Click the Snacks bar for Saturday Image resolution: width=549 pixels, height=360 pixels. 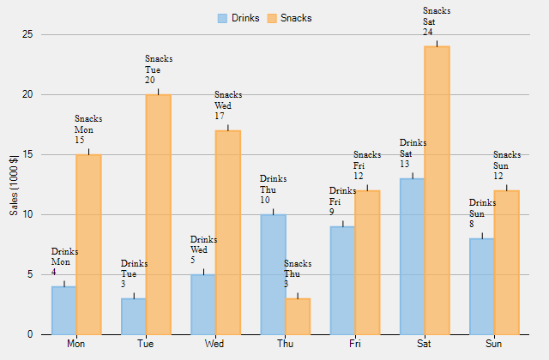click(437, 190)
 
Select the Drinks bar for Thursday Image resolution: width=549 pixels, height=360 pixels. click(273, 274)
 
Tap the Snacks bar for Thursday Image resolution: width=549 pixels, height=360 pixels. click(298, 316)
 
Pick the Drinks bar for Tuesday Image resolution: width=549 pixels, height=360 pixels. click(133, 316)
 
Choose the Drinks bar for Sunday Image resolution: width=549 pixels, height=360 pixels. click(481, 286)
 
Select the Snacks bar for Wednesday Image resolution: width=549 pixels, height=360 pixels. click(227, 232)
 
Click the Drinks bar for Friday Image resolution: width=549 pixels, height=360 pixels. click(342, 280)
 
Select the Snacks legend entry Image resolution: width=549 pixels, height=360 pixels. click(289, 18)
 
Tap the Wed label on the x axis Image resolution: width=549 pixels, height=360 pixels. click(215, 344)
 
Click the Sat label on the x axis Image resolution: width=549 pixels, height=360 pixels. click(424, 344)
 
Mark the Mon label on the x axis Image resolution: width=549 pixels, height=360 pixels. click(76, 344)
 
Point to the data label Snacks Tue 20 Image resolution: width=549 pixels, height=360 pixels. click(159, 69)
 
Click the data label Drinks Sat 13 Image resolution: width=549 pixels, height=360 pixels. click(413, 153)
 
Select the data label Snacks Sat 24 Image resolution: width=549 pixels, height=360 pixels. click(437, 21)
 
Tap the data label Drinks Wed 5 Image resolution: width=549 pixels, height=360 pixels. click(203, 249)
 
